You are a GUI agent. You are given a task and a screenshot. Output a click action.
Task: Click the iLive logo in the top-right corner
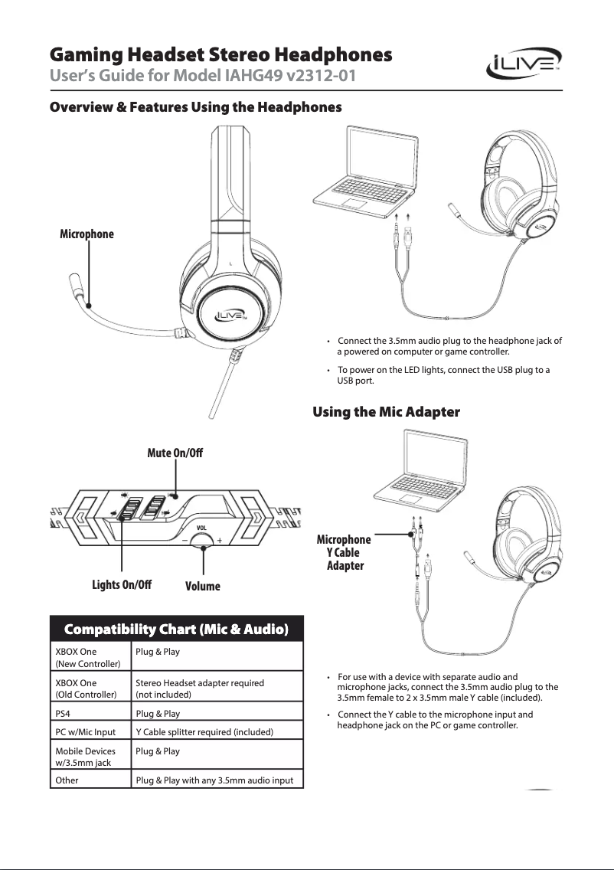(524, 67)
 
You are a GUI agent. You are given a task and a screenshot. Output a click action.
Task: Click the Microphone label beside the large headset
(87, 234)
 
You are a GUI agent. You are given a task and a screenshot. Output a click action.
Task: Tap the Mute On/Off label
(175, 453)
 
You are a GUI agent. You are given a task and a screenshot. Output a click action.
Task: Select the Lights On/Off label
(122, 585)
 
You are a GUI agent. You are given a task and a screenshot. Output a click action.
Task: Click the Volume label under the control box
(203, 586)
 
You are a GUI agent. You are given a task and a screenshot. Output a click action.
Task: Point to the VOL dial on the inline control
(203, 538)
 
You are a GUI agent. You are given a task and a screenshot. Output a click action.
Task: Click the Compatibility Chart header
(176, 630)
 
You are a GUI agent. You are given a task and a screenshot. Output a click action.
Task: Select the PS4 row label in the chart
(64, 714)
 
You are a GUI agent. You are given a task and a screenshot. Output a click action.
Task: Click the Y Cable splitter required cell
(204, 732)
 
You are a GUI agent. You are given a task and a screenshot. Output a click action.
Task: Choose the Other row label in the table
(67, 781)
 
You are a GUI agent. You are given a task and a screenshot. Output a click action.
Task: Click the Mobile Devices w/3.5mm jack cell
(85, 757)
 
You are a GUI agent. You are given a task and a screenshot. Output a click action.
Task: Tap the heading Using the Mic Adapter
(386, 413)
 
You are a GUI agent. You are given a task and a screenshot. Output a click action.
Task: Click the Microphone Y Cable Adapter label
(344, 553)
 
